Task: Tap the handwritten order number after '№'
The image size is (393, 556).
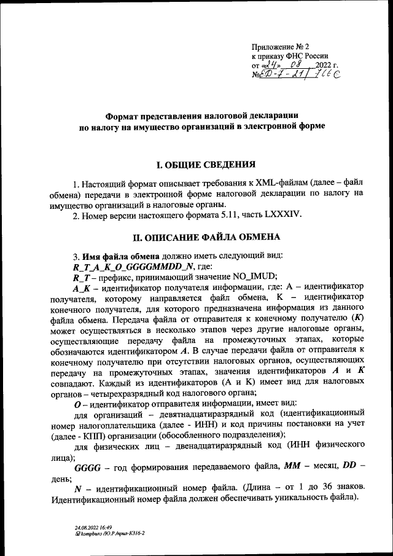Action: click(x=302, y=74)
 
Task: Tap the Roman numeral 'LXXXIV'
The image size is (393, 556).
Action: click(x=284, y=214)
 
